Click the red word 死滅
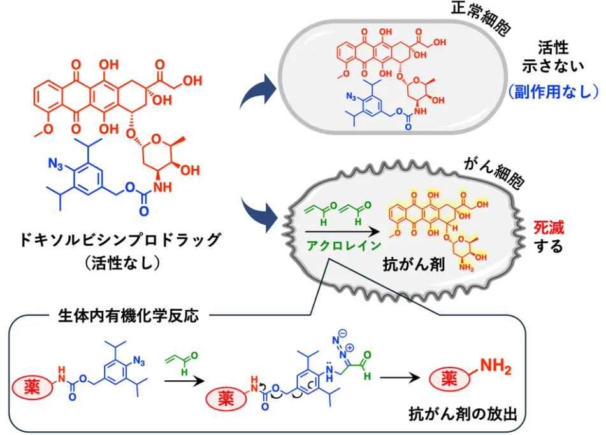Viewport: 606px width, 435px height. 549,227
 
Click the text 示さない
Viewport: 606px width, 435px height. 552,65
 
